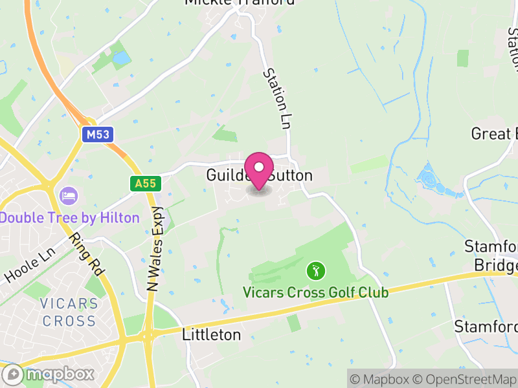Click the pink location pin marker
tap(259, 170)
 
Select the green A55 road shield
tap(145, 184)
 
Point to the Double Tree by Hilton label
tap(69, 217)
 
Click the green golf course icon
tap(315, 270)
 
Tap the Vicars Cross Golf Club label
tap(315, 292)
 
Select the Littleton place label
tap(211, 335)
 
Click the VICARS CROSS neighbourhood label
tap(68, 312)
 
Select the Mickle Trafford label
tap(239, 3)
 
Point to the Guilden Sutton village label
tap(259, 175)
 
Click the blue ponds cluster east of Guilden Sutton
tap(432, 178)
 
